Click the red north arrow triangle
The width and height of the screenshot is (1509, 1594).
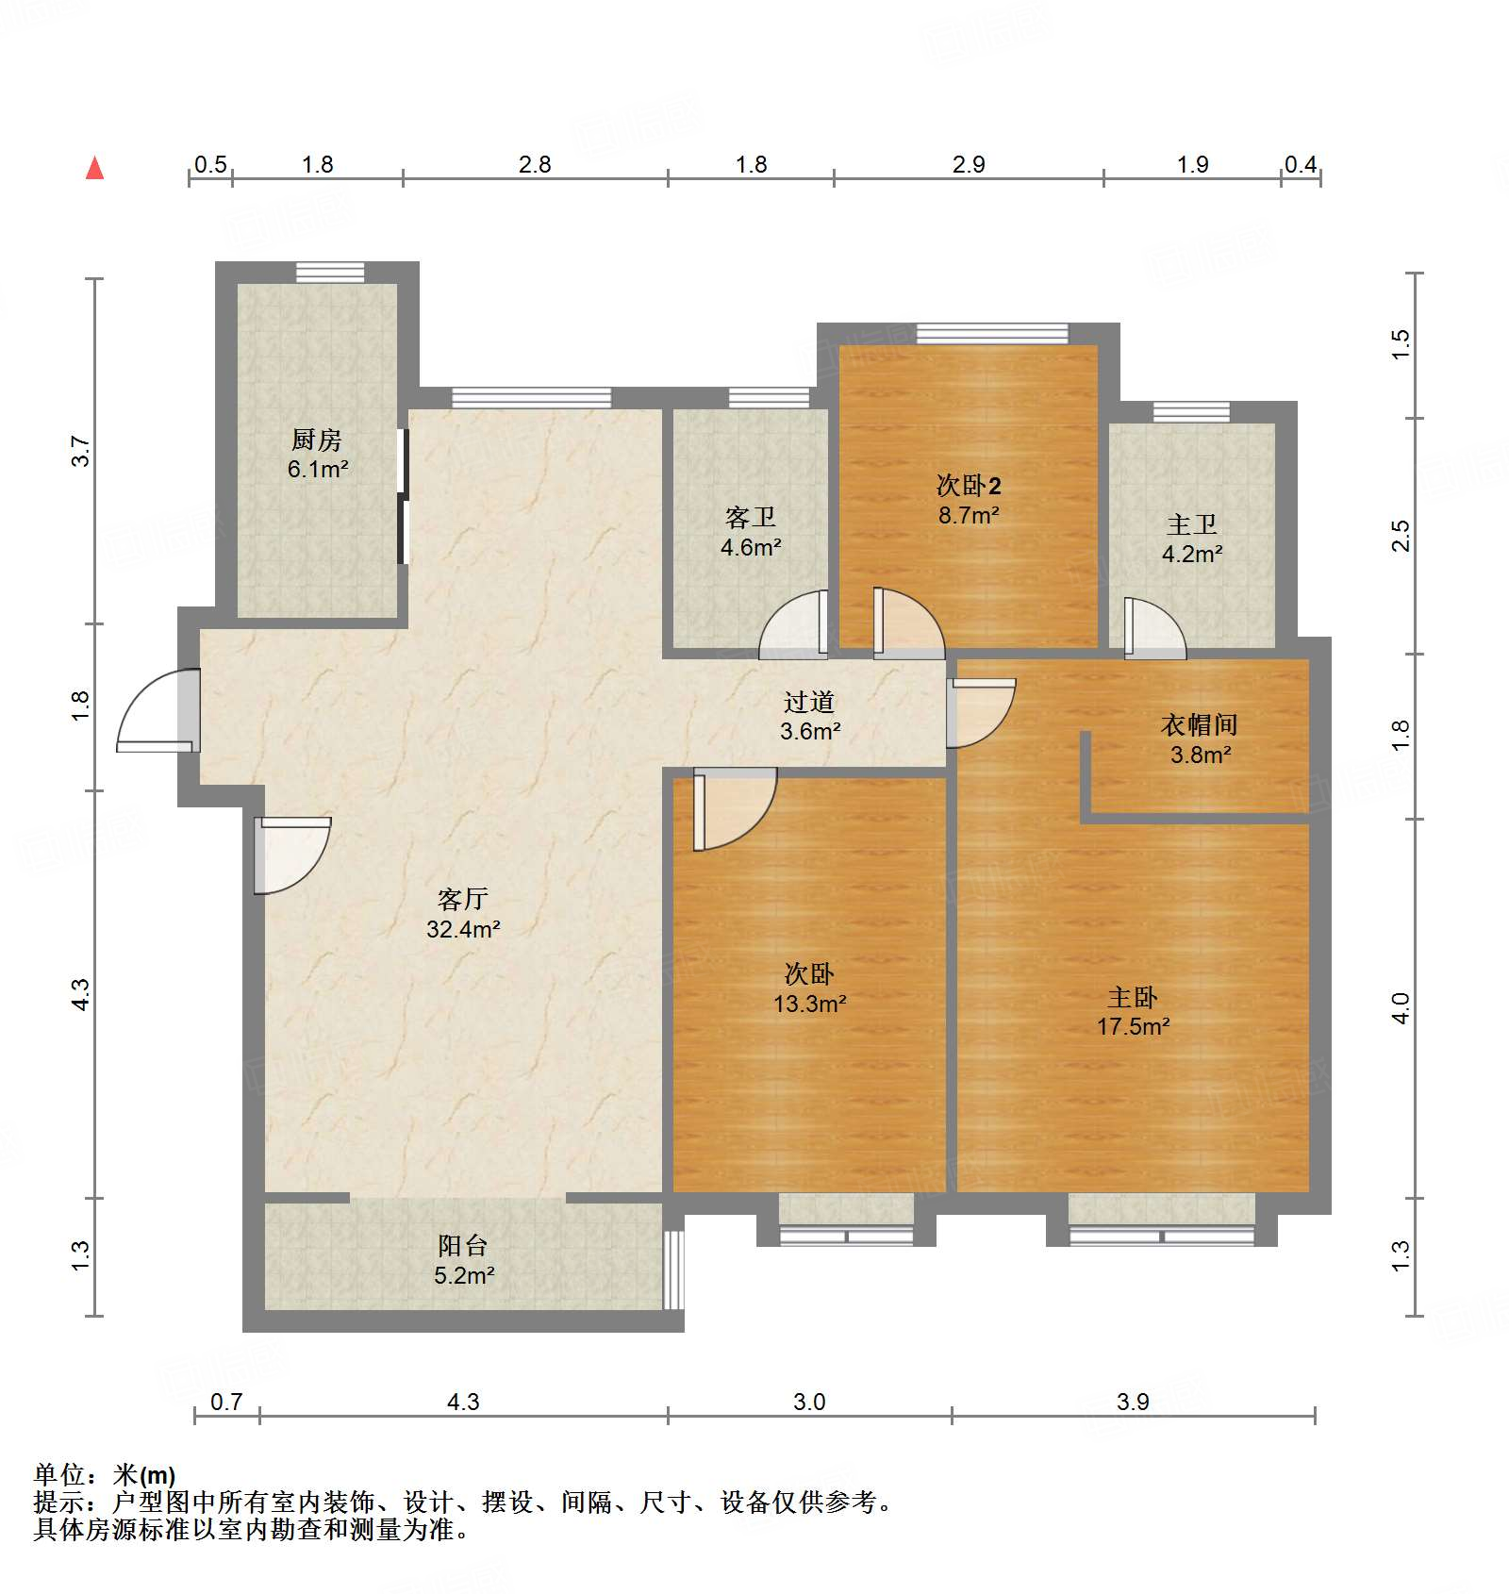(94, 169)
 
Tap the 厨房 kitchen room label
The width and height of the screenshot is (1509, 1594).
(317, 440)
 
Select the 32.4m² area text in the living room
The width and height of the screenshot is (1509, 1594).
(462, 929)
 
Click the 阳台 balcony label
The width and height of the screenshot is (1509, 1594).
(462, 1245)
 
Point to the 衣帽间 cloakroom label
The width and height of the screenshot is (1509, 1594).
(1199, 724)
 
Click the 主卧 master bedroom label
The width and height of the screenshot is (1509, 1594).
(1132, 997)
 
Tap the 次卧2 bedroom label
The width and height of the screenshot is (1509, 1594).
(969, 486)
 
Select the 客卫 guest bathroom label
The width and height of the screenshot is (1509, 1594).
(750, 517)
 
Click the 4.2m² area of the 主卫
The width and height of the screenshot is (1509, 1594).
(1192, 555)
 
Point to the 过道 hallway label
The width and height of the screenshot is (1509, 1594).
(809, 702)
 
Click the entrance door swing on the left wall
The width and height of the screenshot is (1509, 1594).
(156, 712)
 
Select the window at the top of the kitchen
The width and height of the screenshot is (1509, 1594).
(330, 272)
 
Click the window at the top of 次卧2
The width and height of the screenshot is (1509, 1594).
(992, 333)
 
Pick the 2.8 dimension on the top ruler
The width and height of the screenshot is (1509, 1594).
(535, 165)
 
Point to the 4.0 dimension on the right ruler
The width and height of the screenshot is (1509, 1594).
(1401, 1007)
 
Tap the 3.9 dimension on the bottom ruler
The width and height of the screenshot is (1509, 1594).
(1133, 1402)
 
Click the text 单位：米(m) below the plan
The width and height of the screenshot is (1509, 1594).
(105, 1474)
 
